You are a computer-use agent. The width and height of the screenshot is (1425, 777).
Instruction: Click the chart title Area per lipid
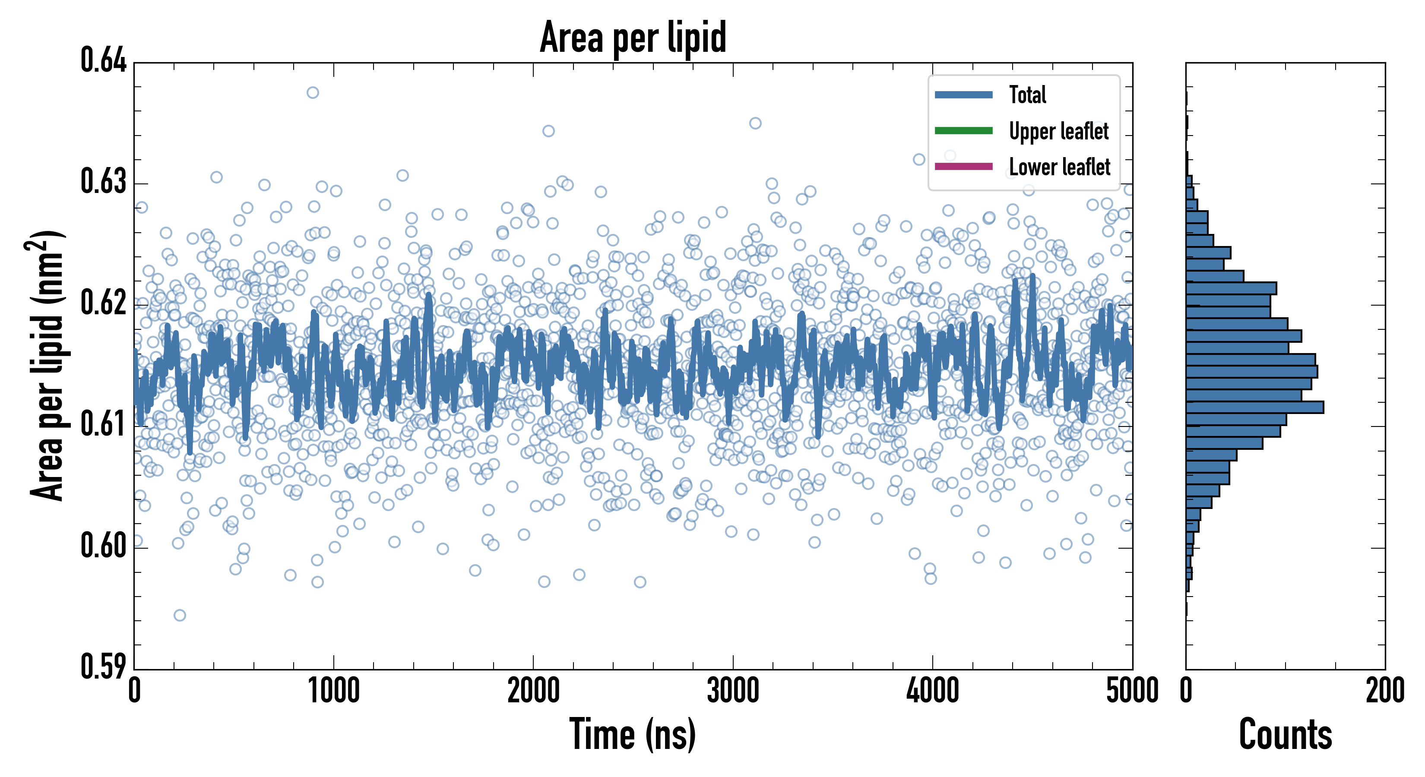(x=633, y=38)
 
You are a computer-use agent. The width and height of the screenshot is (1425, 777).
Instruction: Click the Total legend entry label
(x=1027, y=95)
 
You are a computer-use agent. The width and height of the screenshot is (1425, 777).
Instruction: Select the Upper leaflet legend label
(x=1058, y=131)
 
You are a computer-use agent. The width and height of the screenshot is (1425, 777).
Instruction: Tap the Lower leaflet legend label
(x=1059, y=167)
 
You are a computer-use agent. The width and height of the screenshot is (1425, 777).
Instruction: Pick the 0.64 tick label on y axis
(x=104, y=60)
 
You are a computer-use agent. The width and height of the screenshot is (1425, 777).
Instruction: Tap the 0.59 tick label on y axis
(x=104, y=666)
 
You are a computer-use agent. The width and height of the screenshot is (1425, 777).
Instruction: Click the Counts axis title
(x=1285, y=734)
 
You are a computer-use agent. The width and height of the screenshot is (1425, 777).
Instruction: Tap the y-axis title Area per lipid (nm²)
(x=47, y=365)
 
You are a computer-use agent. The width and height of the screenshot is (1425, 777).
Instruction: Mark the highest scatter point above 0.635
(x=313, y=92)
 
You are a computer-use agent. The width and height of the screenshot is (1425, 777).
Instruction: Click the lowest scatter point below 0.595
(x=180, y=615)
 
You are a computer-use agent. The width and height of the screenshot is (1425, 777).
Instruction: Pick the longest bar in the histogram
(x=1254, y=407)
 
